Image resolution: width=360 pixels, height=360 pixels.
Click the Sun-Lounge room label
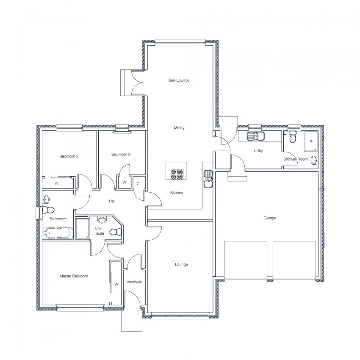[x=179, y=80]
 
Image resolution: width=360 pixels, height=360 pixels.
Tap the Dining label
[x=179, y=127]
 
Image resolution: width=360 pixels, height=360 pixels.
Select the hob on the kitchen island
[x=177, y=174]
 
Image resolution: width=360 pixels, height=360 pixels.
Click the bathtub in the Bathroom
[x=58, y=233]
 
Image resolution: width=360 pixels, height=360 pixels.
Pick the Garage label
[x=270, y=218]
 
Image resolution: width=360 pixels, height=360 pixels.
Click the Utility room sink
[x=256, y=136]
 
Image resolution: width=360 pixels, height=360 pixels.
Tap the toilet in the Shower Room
[x=292, y=137]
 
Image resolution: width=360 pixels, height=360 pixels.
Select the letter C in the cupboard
[x=138, y=184]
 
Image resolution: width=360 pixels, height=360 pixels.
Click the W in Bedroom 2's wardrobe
[x=56, y=183]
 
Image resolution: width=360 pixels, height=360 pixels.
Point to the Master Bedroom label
[x=74, y=276]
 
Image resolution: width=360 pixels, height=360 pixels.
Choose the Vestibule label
[x=134, y=282]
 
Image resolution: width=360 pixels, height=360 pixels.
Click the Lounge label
[x=181, y=264]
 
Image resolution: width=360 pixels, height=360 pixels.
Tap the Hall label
[x=112, y=201]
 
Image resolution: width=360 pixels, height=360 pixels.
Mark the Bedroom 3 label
[x=121, y=154]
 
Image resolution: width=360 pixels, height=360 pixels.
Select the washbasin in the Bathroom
[x=46, y=199]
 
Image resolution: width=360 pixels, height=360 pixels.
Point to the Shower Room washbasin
[x=314, y=160]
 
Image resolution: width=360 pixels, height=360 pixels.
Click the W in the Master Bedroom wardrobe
[x=116, y=284]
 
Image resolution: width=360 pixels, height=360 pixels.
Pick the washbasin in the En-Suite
[x=102, y=220]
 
